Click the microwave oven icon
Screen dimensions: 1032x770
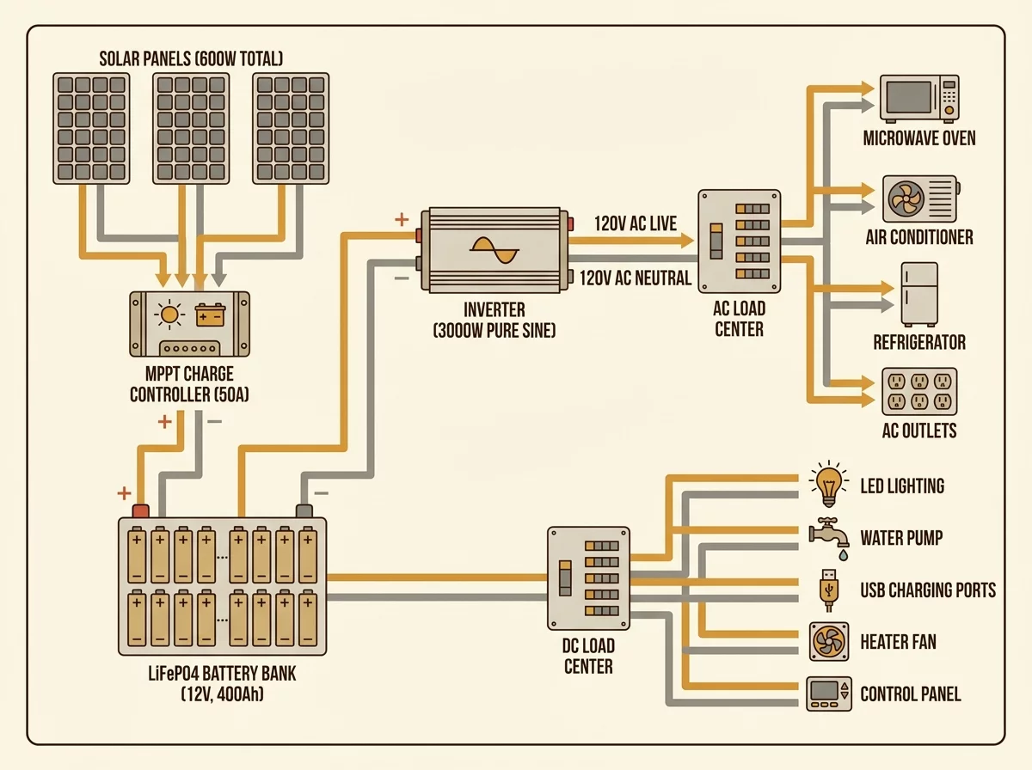click(919, 98)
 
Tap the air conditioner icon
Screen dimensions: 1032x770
click(920, 199)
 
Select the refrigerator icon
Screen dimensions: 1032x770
click(919, 294)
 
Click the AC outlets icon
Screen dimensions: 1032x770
click(919, 391)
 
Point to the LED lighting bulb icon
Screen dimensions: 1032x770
click(828, 484)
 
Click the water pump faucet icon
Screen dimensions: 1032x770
click(829, 539)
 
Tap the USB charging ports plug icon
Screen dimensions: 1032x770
click(828, 590)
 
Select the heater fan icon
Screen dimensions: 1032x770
click(829, 642)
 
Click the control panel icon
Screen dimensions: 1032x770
click(828, 694)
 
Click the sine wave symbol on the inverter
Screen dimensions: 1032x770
click(494, 250)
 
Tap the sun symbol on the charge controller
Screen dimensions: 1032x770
click(169, 314)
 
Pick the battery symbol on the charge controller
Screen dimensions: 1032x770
click(210, 315)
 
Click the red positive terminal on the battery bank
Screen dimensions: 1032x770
click(140, 511)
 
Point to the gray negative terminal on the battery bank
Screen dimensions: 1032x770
click(304, 511)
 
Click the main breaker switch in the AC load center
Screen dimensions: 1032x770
click(716, 241)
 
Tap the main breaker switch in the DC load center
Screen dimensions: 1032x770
click(565, 578)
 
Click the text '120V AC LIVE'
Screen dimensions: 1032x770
click(636, 223)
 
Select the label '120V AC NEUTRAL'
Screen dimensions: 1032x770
click(636, 278)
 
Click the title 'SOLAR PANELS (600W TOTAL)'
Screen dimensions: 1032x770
click(191, 58)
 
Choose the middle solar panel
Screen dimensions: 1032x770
click(191, 128)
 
